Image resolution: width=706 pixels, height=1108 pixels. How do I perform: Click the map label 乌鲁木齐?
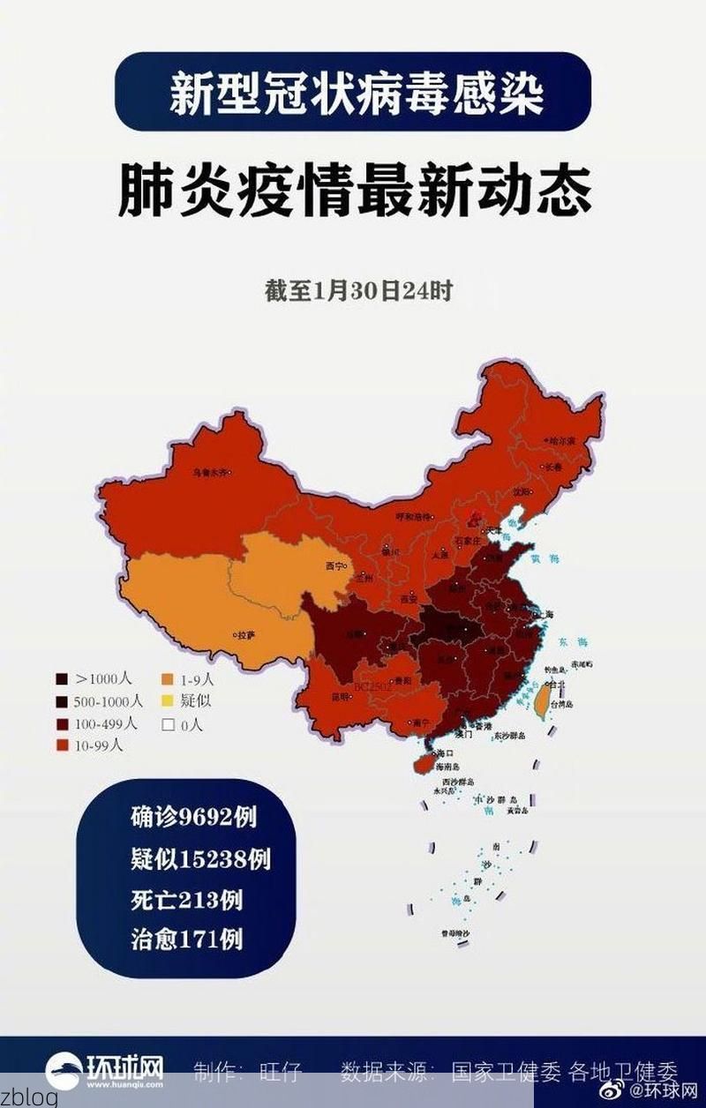tap(209, 474)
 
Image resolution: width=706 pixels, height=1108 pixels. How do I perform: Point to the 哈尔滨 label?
tap(561, 438)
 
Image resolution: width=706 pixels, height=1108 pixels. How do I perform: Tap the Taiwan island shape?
tap(545, 700)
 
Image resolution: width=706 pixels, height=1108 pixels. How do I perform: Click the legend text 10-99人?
tap(99, 745)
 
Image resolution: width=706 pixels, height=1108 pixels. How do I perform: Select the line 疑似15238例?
tap(200, 859)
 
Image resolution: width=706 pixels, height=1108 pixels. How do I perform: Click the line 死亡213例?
tap(186, 901)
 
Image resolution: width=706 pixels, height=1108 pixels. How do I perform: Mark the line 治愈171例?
tap(186, 939)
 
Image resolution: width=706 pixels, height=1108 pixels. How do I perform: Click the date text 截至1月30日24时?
tap(358, 291)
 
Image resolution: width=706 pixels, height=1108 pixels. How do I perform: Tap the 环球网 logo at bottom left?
tap(105, 1071)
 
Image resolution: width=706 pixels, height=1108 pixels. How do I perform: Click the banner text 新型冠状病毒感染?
tap(356, 94)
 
